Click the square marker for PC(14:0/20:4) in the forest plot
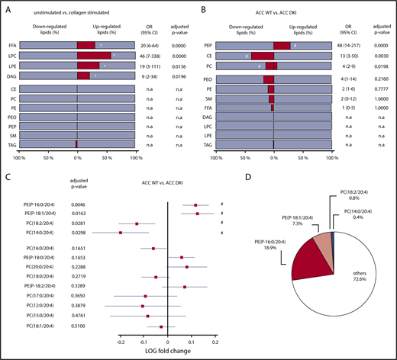click(121, 233)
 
